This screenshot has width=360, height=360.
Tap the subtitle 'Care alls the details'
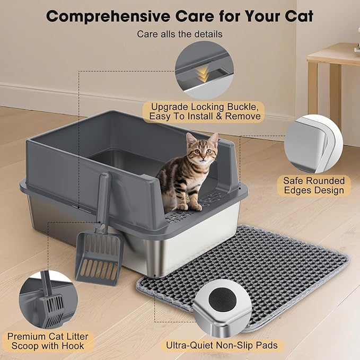pos(180,34)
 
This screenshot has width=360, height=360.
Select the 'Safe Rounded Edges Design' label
pos(313,186)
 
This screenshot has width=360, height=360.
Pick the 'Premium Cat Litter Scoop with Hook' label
pos(48,342)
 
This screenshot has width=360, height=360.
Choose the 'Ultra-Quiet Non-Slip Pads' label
pos(222,346)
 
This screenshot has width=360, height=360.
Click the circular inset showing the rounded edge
pos(313,144)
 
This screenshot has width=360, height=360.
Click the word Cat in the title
pos(297,16)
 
